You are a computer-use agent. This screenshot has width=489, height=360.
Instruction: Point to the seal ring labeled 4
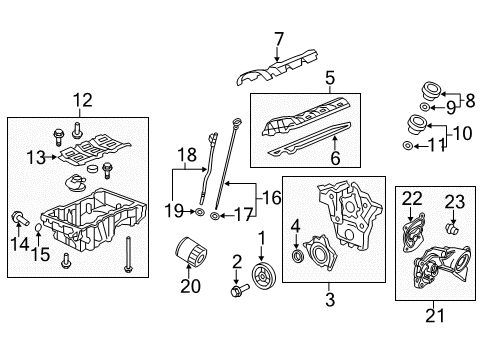tap(297, 261)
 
